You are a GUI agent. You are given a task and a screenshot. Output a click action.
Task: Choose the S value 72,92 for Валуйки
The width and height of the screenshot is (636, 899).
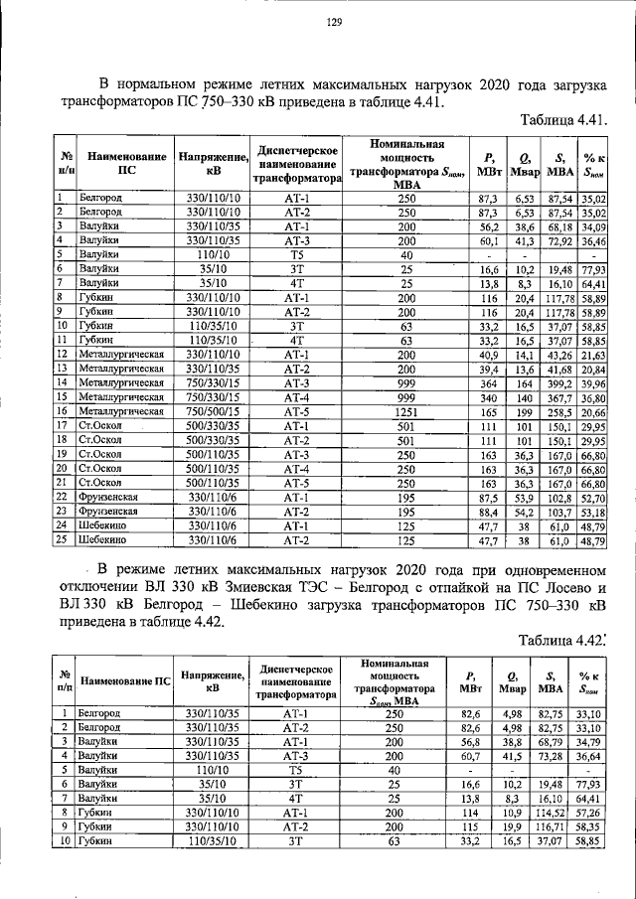[x=559, y=239]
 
